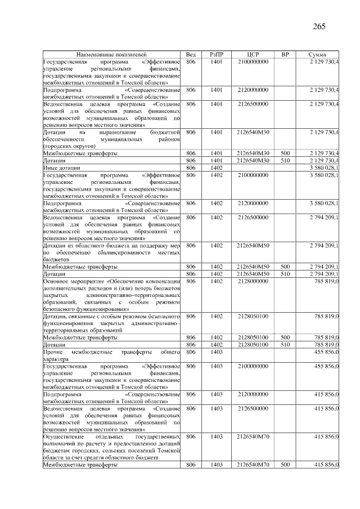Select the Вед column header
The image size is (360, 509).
pyautogui.click(x=191, y=55)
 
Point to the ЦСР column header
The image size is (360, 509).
pyautogui.click(x=253, y=55)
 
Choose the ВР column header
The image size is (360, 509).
pyautogui.click(x=285, y=55)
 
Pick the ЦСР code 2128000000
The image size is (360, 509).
pyautogui.click(x=253, y=281)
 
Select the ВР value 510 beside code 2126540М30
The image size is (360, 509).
pyautogui.click(x=285, y=160)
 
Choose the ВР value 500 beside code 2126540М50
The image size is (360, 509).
pyautogui.click(x=285, y=266)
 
